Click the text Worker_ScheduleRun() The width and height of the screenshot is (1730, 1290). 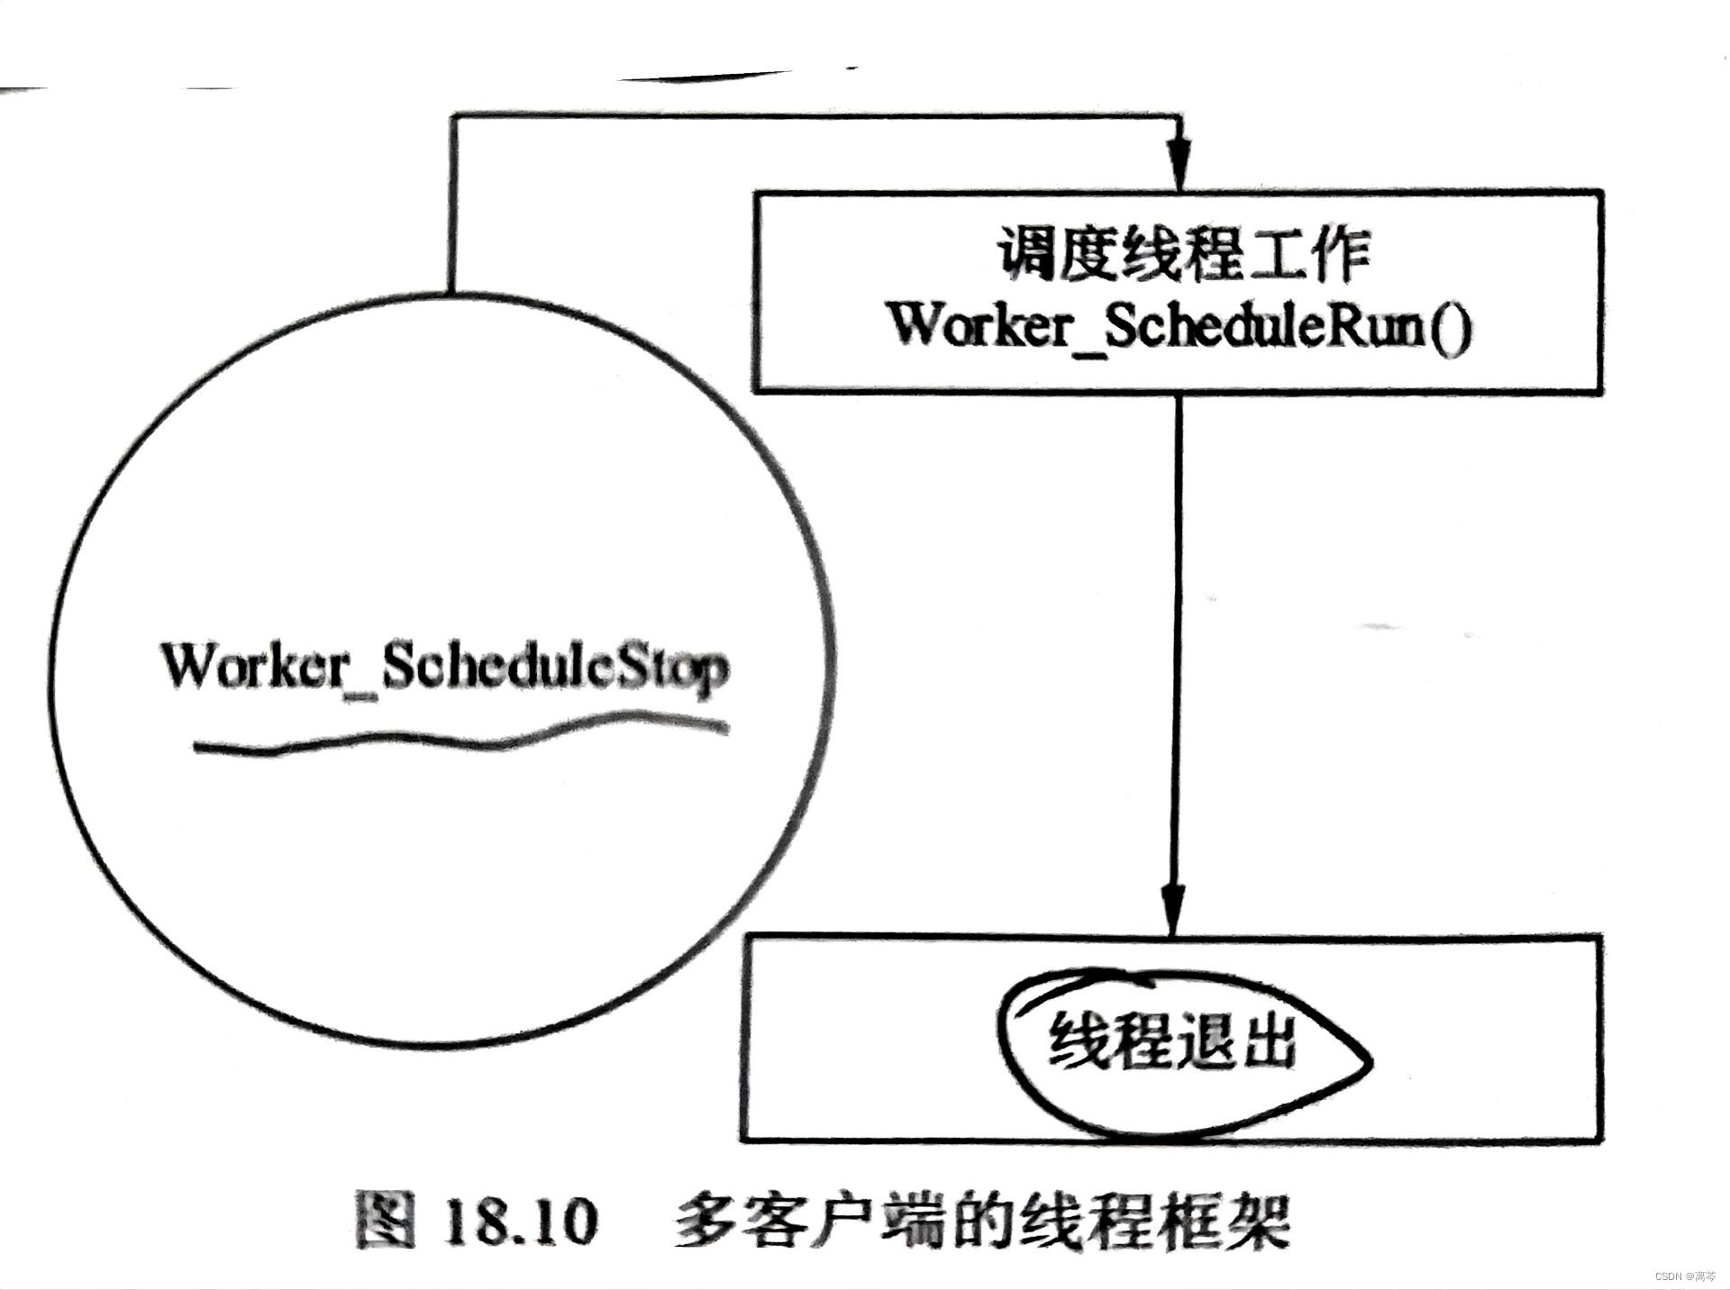pyautogui.click(x=1180, y=326)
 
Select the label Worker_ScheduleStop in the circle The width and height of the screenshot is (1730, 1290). pyautogui.click(x=444, y=668)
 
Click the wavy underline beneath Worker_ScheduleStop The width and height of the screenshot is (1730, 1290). pyautogui.click(x=460, y=734)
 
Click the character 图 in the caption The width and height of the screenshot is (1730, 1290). pyautogui.click(x=387, y=1222)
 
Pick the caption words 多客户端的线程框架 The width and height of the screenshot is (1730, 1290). pyautogui.click(x=981, y=1222)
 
